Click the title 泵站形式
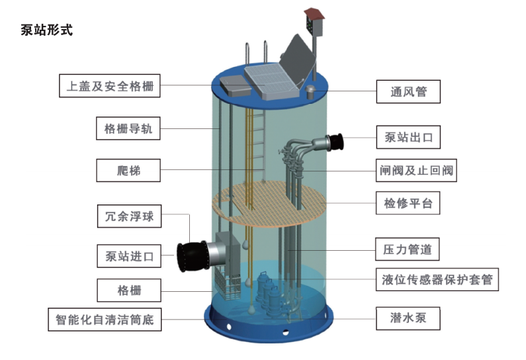(47, 29)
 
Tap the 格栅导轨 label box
(128, 128)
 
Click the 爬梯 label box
(128, 171)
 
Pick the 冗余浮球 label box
(129, 216)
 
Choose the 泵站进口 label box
(129, 255)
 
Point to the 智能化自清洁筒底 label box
(105, 320)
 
